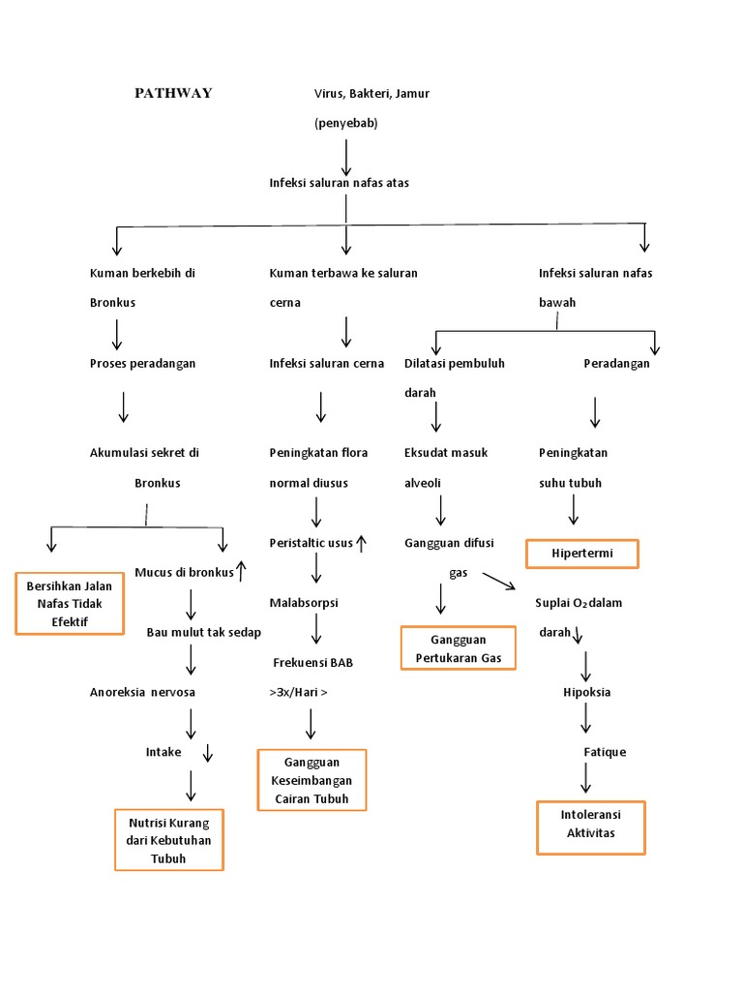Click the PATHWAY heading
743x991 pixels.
[x=172, y=94]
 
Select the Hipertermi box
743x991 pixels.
[x=581, y=554]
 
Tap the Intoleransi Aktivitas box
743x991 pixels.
[x=590, y=827]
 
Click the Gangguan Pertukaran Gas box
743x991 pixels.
[x=458, y=649]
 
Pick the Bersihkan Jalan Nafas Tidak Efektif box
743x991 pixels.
[x=69, y=604]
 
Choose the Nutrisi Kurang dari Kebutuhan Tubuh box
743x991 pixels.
[x=168, y=840]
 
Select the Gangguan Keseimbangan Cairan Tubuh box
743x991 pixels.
[x=312, y=780]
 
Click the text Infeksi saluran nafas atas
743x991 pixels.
[x=339, y=183]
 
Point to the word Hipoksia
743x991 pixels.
[x=586, y=692]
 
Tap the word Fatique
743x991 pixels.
[x=605, y=752]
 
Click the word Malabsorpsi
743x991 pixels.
[x=304, y=602]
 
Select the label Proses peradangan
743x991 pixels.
[x=142, y=363]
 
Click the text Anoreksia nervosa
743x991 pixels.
[x=142, y=692]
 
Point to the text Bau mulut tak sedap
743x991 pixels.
[x=204, y=632]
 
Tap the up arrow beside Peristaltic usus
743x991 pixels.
[x=361, y=543]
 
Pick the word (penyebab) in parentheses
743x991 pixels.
[x=345, y=124]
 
